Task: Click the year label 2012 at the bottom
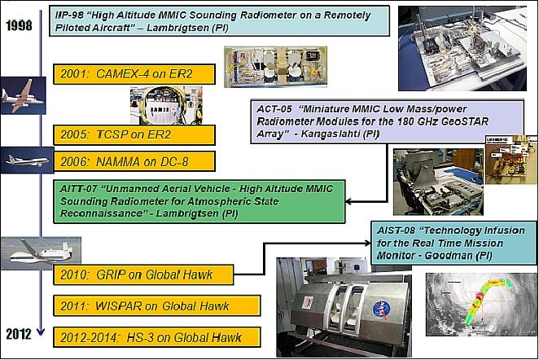pos(18,334)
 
